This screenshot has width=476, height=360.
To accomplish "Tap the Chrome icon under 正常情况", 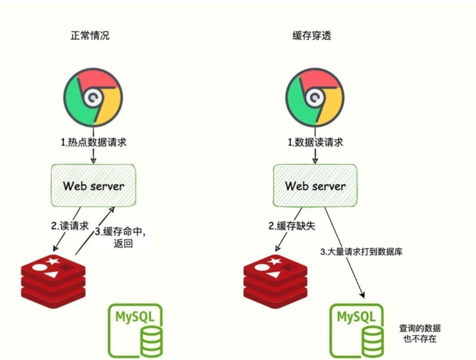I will [x=93, y=98].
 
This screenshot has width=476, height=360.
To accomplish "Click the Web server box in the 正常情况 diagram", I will [x=93, y=186].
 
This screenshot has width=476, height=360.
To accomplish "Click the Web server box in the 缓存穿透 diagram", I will [x=315, y=186].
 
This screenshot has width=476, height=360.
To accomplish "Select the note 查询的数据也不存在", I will [x=420, y=333].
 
